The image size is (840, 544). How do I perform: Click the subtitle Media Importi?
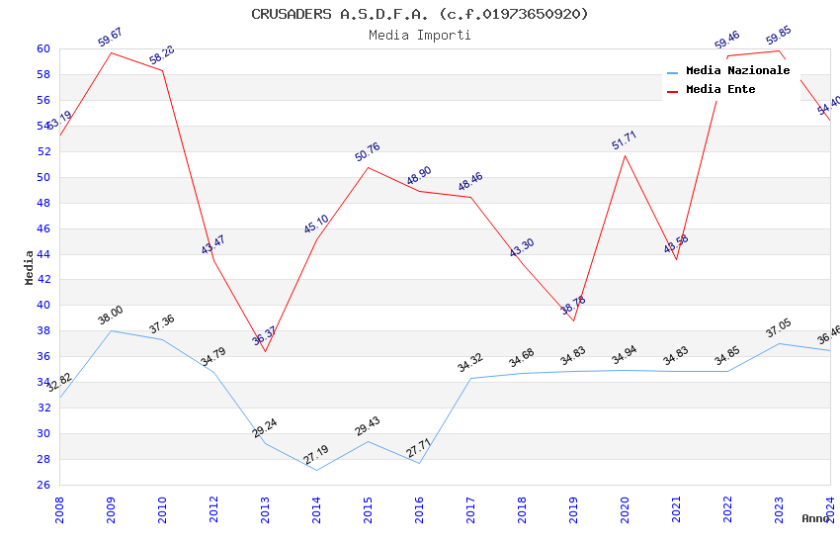[x=419, y=35]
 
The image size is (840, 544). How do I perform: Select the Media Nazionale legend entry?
[x=737, y=71]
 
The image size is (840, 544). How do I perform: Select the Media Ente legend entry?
[x=720, y=90]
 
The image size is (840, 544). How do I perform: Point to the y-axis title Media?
[x=30, y=266]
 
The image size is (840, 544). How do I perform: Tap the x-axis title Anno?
[x=815, y=518]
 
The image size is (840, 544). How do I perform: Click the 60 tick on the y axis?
[x=43, y=48]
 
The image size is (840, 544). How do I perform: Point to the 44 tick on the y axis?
[x=43, y=254]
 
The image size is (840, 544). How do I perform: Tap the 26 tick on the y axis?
[x=43, y=485]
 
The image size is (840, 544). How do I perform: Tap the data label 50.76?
[x=368, y=152]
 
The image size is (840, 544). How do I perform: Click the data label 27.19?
[x=316, y=455]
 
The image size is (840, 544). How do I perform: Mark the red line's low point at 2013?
[x=265, y=351]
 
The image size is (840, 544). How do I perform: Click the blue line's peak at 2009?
[x=111, y=330]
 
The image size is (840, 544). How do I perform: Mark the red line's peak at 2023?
[x=779, y=50]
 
